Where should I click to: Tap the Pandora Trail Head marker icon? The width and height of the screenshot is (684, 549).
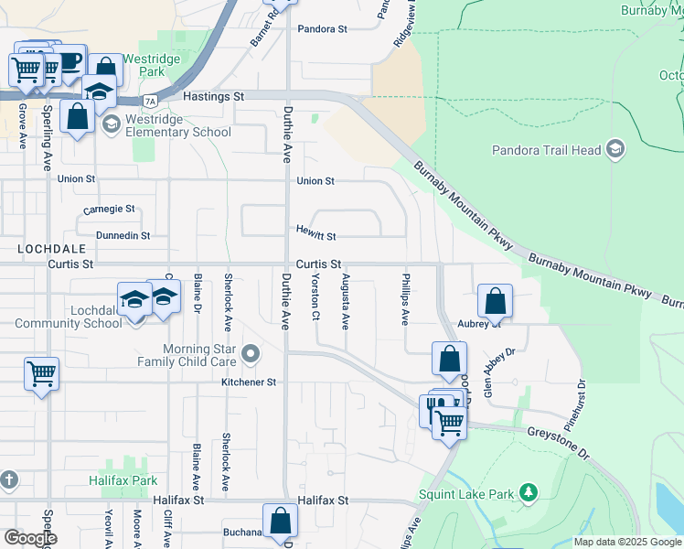615,149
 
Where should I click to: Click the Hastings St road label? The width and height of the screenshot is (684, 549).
214,95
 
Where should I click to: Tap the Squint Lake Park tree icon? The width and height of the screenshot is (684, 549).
528,494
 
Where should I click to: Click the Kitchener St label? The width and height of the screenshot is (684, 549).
249,382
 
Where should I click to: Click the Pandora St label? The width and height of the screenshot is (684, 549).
323,29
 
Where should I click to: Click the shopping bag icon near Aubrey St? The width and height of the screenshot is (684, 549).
495,301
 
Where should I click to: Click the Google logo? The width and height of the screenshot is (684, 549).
30,538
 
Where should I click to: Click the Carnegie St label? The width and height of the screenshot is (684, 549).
109,209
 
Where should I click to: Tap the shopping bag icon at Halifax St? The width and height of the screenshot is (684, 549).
281,521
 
